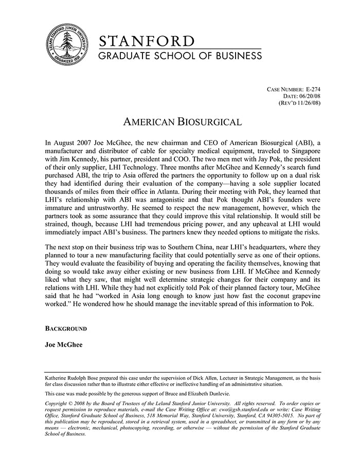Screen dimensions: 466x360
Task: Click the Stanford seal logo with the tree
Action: pos(65,45)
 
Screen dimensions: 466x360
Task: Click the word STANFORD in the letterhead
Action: pos(147,41)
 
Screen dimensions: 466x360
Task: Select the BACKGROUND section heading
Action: pos(66,328)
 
